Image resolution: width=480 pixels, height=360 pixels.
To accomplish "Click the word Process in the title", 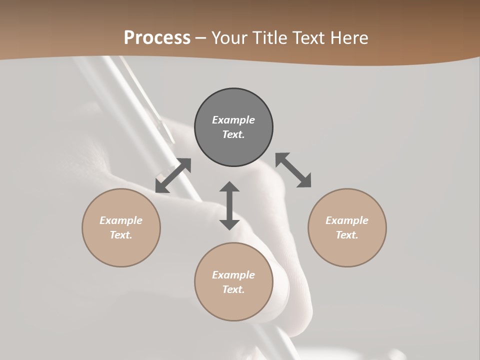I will (x=157, y=38).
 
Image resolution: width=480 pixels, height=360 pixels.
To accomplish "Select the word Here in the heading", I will (x=348, y=38).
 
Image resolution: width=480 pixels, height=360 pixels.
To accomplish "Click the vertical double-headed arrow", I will (x=229, y=206).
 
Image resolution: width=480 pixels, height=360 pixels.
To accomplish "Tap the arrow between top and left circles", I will (x=173, y=175).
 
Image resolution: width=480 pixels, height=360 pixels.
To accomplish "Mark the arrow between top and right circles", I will (x=293, y=170).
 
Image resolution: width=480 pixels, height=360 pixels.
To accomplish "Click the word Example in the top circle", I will (x=233, y=120).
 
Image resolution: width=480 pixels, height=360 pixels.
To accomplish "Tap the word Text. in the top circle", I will (x=233, y=134).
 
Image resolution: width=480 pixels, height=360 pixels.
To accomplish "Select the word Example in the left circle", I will (x=121, y=220).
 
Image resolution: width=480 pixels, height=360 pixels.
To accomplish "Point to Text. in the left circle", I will (x=121, y=235).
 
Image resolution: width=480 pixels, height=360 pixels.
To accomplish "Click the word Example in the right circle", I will (x=347, y=220).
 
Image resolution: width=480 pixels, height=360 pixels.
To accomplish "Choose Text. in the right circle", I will (x=347, y=235).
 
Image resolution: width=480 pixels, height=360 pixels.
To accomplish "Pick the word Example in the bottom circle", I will (x=233, y=275).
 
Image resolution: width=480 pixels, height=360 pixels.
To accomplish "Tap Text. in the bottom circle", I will (x=233, y=289).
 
